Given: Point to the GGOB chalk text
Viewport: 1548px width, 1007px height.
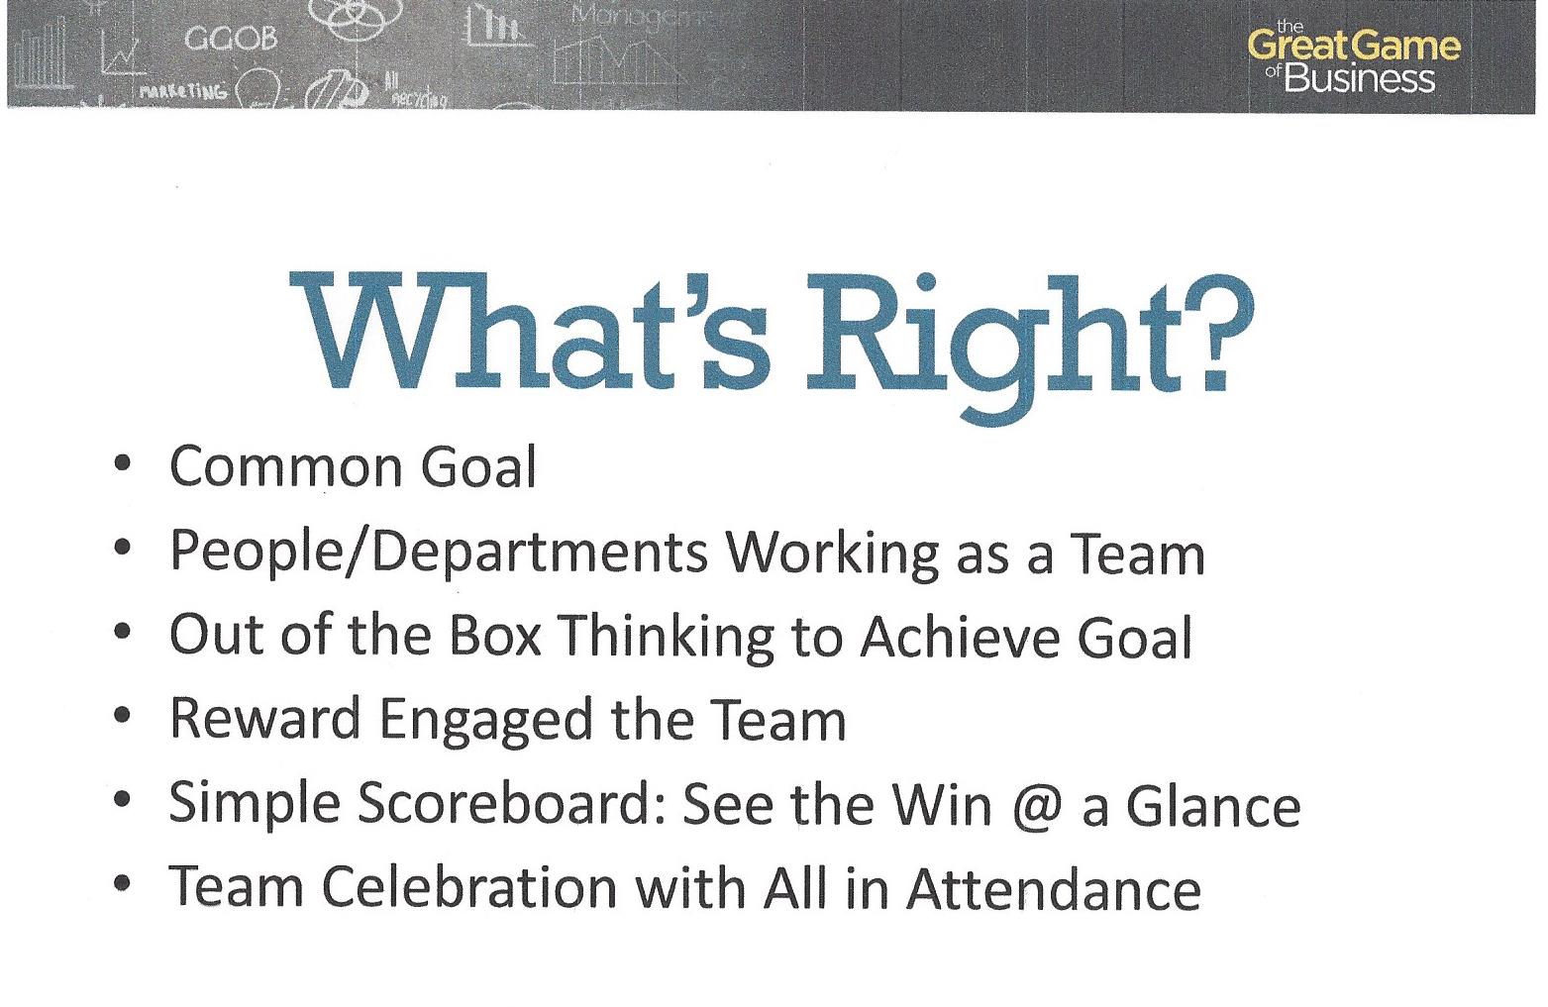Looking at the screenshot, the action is coord(231,39).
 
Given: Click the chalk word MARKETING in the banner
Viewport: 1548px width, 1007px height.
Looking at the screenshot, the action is coord(182,91).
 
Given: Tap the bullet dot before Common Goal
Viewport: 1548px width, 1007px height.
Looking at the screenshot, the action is coord(123,463).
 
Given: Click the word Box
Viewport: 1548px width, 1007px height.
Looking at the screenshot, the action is coord(495,635).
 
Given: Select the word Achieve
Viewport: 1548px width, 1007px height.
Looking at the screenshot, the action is coord(960,636).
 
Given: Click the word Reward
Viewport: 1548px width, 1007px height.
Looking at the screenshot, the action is coord(265,719).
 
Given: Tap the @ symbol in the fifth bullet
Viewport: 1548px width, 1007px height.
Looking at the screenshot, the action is coord(1037,807).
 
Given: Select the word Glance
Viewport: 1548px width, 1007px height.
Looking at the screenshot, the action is coord(1213,805).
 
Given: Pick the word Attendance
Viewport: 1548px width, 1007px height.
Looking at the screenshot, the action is coord(1054,887).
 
